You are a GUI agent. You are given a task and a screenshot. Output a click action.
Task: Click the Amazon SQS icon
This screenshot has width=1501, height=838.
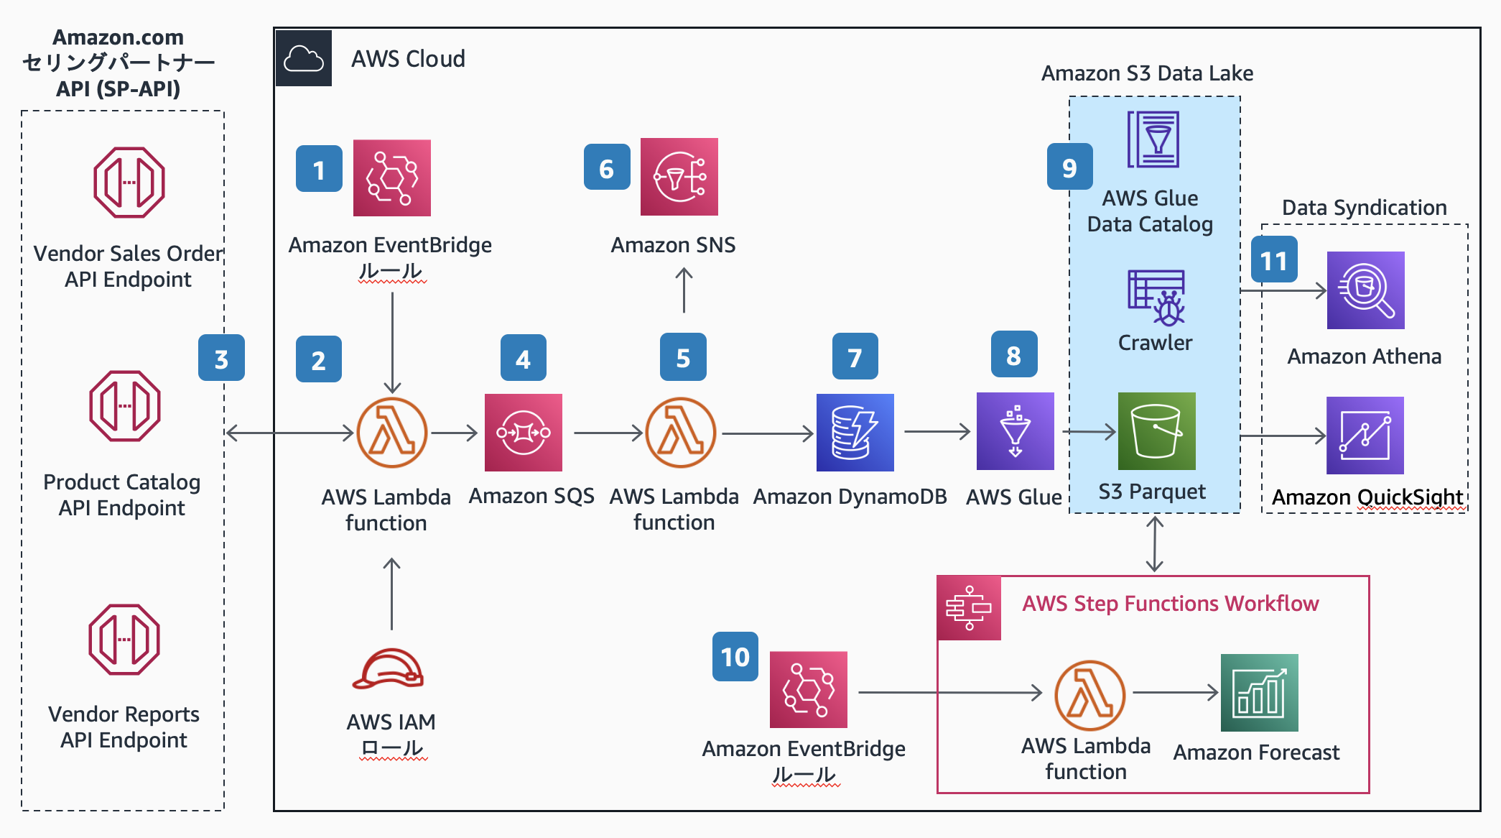pyautogui.click(x=523, y=432)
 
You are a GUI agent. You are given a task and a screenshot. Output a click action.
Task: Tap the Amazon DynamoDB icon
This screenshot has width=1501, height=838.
pyautogui.click(x=855, y=432)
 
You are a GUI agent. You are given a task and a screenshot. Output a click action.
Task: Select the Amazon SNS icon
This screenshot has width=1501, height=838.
pyautogui.click(x=679, y=177)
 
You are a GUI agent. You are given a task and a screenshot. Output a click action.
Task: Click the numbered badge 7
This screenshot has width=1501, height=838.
pyautogui.click(x=855, y=356)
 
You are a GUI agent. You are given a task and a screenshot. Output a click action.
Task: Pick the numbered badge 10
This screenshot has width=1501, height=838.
pyautogui.click(x=735, y=656)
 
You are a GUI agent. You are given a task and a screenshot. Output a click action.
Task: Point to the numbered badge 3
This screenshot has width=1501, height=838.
pyautogui.click(x=221, y=358)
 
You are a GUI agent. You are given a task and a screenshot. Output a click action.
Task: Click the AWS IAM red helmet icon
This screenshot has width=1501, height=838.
pyautogui.click(x=388, y=669)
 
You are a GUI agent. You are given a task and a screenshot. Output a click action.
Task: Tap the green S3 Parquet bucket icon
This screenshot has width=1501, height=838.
pyautogui.click(x=1156, y=431)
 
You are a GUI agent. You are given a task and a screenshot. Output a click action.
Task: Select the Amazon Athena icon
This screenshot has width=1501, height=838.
pyautogui.click(x=1365, y=290)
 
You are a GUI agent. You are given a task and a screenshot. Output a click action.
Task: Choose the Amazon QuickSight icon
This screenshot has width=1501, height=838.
pyautogui.click(x=1365, y=435)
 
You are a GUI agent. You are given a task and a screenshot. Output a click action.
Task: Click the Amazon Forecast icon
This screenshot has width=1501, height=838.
pyautogui.click(x=1259, y=692)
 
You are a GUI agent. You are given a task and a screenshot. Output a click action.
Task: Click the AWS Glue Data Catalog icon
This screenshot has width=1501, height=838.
pyautogui.click(x=1153, y=139)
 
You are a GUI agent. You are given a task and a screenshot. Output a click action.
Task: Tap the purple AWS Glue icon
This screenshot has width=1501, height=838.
pyautogui.click(x=1015, y=431)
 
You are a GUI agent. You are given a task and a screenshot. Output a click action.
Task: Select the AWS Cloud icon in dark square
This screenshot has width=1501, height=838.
pyautogui.click(x=304, y=58)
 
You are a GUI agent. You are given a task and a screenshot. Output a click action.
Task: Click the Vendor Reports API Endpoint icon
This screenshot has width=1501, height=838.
pyautogui.click(x=124, y=639)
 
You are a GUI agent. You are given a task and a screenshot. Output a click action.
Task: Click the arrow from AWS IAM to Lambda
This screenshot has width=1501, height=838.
pyautogui.click(x=391, y=594)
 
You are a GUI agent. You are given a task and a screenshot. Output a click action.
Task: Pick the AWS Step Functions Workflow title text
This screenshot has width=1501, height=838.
pyautogui.click(x=1170, y=603)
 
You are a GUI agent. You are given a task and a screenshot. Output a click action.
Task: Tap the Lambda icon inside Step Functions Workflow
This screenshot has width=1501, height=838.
pyautogui.click(x=1089, y=695)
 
